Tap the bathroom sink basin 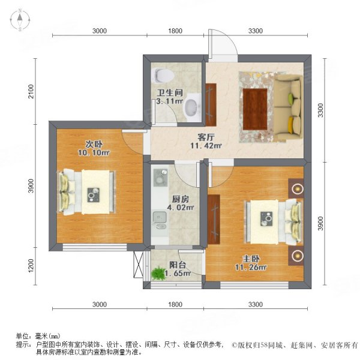(191, 107)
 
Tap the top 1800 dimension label (174, 31)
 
